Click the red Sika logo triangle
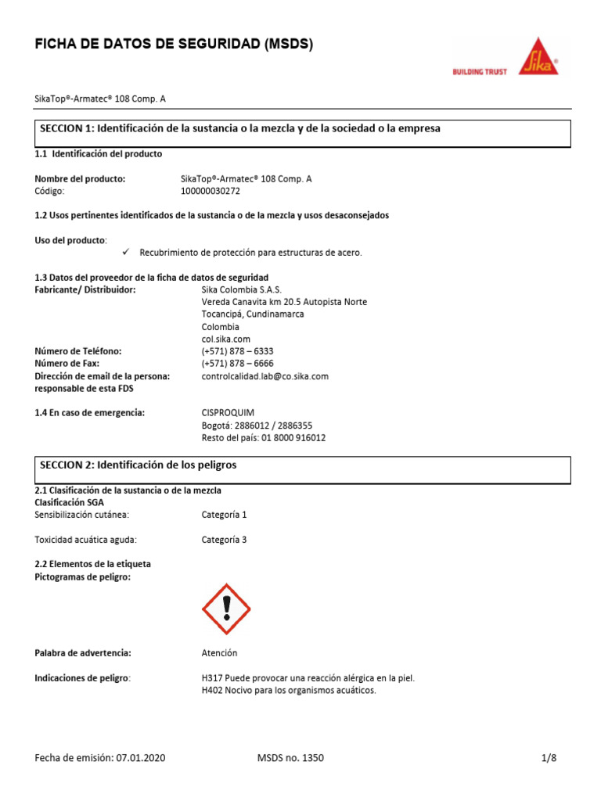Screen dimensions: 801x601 click(541, 58)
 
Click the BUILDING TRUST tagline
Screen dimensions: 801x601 click(480, 72)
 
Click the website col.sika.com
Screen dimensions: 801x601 click(225, 339)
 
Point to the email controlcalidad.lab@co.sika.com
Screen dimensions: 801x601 click(265, 376)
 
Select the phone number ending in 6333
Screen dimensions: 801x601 click(237, 351)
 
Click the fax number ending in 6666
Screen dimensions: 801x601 click(237, 364)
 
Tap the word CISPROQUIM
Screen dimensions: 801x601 click(228, 413)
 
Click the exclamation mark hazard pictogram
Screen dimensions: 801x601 click(226, 609)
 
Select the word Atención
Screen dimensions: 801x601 click(219, 653)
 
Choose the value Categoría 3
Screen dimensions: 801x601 click(224, 540)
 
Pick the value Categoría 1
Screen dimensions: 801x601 click(224, 515)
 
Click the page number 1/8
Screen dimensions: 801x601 click(549, 758)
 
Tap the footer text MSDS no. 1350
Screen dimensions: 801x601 click(290, 758)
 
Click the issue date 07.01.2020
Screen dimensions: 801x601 click(140, 758)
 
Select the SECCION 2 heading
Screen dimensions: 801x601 click(139, 465)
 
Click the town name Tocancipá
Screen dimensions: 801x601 click(226, 314)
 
